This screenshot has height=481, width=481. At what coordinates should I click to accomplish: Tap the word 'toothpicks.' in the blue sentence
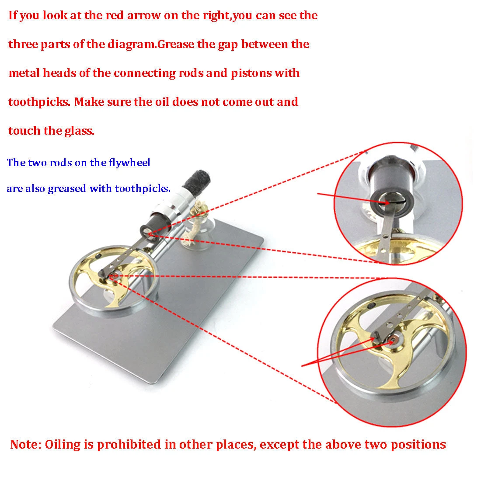143,188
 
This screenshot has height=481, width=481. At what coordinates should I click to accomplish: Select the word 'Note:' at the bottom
26,444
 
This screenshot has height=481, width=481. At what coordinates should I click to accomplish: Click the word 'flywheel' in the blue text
129,163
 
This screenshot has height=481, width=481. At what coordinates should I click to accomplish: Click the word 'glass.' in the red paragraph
80,131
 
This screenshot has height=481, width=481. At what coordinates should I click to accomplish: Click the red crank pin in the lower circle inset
392,341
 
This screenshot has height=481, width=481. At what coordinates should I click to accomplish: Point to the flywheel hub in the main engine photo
112,276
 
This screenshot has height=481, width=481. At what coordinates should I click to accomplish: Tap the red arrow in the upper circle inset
353,198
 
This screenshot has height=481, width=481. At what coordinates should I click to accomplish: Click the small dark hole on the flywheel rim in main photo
98,255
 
